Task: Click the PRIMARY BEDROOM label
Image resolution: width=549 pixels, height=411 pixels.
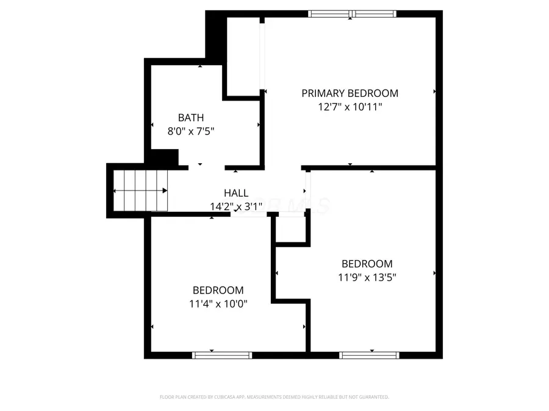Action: tap(350, 93)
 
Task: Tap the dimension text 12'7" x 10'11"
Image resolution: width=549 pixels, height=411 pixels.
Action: tap(350, 107)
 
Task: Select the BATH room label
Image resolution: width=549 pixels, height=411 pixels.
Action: tap(191, 118)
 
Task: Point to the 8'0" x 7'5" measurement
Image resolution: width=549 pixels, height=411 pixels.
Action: tap(191, 130)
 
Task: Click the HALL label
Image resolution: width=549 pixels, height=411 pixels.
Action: tap(236, 193)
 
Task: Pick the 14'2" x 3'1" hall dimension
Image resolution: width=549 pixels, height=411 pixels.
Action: tap(236, 206)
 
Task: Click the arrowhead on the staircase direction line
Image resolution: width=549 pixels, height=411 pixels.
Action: tap(165, 191)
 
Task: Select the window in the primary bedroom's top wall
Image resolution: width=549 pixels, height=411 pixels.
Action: tap(353, 13)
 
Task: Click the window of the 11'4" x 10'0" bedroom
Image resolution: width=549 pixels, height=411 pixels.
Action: tap(222, 355)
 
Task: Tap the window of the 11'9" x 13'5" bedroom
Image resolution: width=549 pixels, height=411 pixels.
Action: tap(370, 355)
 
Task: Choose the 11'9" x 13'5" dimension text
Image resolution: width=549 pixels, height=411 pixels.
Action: tap(367, 277)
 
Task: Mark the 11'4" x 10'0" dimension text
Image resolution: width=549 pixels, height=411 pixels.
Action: tap(218, 303)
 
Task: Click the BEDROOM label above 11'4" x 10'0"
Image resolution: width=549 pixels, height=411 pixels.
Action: tap(218, 290)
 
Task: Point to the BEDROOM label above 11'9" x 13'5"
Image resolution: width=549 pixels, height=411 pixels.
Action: tap(367, 264)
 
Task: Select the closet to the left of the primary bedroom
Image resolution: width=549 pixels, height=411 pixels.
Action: tap(243, 56)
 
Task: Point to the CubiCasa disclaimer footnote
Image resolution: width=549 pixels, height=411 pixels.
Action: tap(274, 397)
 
